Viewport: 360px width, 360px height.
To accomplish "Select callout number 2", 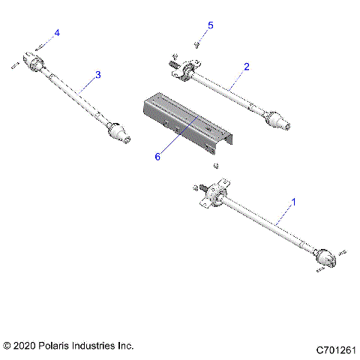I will coord(246,67).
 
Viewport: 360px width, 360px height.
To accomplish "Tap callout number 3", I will coord(97,74).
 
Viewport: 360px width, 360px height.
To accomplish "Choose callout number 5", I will coord(210,25).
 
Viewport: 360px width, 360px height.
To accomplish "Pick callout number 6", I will coord(157,156).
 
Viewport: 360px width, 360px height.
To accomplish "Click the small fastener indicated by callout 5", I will coord(196,44).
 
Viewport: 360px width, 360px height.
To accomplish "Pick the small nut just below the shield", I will coord(216,165).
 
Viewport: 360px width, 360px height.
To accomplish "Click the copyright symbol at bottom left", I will coord(7,346).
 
